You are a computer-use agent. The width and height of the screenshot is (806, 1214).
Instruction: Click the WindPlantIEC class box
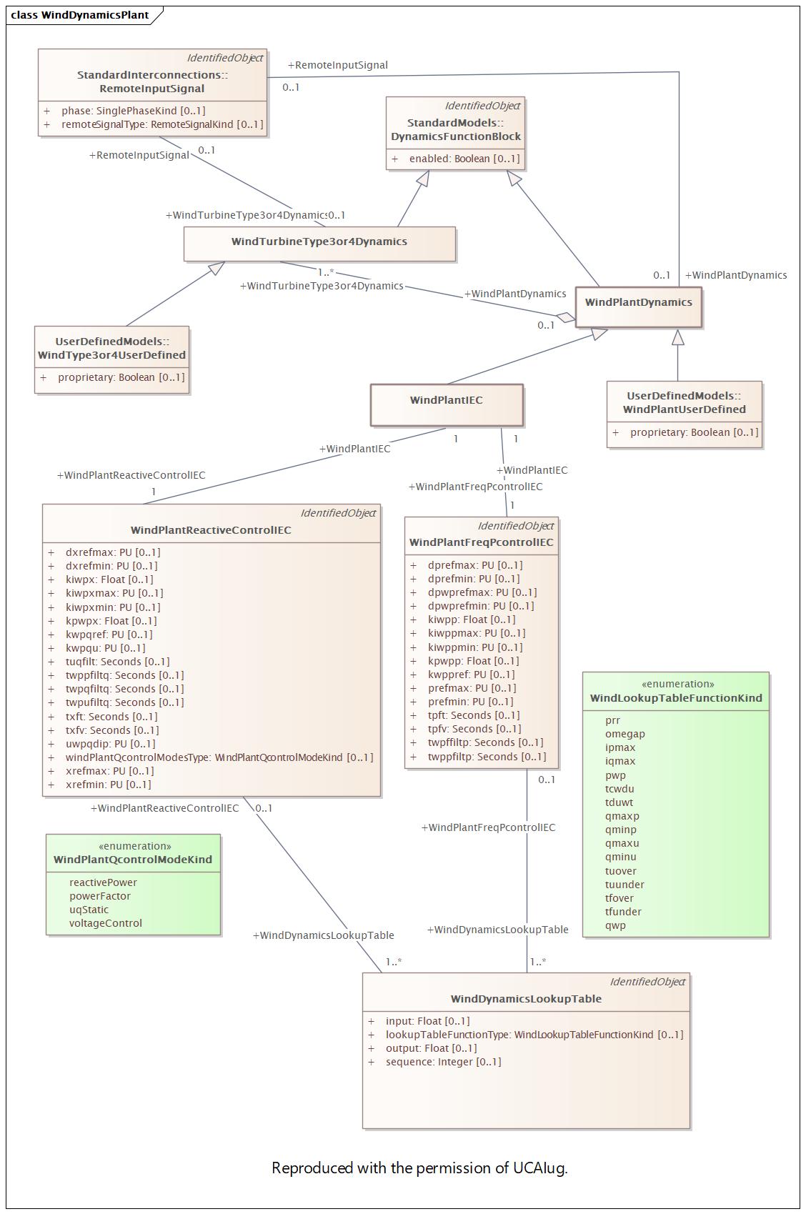click(x=447, y=405)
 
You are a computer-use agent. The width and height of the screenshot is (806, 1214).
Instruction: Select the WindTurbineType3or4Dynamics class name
click(x=319, y=242)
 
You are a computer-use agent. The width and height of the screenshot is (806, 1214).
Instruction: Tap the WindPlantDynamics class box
click(x=639, y=307)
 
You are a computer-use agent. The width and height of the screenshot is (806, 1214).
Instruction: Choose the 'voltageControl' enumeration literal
click(x=106, y=923)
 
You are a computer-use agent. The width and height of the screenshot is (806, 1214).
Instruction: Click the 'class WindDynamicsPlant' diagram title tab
click(x=80, y=15)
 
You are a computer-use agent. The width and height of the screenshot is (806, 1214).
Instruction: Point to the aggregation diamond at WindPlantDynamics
click(x=566, y=317)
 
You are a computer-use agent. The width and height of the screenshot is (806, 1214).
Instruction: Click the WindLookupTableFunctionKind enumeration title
click(x=676, y=698)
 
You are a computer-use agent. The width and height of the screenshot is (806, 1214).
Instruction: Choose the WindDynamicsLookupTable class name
click(x=527, y=999)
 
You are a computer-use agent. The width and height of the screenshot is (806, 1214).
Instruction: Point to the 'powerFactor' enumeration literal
click(x=100, y=896)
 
